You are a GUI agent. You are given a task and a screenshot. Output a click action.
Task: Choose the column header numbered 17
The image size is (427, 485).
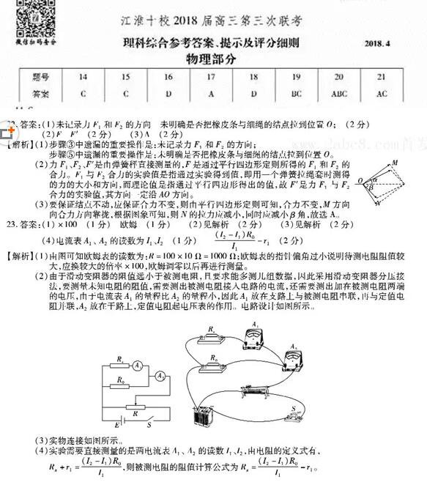point(212,76)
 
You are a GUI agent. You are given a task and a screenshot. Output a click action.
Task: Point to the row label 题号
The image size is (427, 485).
point(41,76)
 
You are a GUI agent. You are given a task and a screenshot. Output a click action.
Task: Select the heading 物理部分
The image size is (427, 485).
point(213,58)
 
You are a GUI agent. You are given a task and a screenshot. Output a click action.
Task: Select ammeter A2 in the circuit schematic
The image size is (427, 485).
point(160,375)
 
